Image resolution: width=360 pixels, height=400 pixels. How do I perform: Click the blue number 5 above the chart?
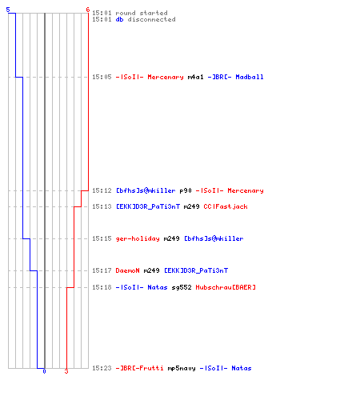[x=8, y=10]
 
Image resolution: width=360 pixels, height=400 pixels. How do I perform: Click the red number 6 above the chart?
[x=88, y=10]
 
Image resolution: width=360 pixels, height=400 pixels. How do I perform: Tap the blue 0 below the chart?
[x=44, y=371]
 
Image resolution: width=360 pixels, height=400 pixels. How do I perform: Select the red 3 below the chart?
[x=66, y=371]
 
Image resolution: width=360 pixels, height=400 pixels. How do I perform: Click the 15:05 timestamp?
[x=102, y=77]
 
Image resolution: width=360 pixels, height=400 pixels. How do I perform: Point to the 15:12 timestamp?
[x=102, y=190]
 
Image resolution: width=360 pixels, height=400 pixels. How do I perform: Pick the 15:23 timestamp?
[x=102, y=368]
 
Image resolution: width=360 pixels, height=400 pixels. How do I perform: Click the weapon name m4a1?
[x=196, y=77]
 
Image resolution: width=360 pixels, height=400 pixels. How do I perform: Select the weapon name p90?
[x=186, y=190]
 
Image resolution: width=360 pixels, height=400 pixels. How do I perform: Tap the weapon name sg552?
[x=182, y=287]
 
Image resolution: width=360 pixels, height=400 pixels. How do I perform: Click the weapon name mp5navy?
[x=182, y=368]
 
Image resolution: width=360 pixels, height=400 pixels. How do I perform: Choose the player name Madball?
[x=250, y=77]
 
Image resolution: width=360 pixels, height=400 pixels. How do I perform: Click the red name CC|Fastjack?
[x=226, y=206]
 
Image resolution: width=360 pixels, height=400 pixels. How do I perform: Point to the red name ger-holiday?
[x=138, y=238]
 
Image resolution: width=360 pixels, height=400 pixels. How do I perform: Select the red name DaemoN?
[x=128, y=270]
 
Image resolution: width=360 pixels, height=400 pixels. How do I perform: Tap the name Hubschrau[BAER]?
[x=226, y=287]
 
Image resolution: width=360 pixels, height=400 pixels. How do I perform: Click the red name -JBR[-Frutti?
[x=140, y=368]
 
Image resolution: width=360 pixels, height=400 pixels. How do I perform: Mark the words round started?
[x=142, y=13]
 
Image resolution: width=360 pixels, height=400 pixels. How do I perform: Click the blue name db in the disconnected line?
[x=119, y=19]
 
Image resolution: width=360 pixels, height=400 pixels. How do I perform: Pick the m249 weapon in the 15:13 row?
[x=192, y=206]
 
